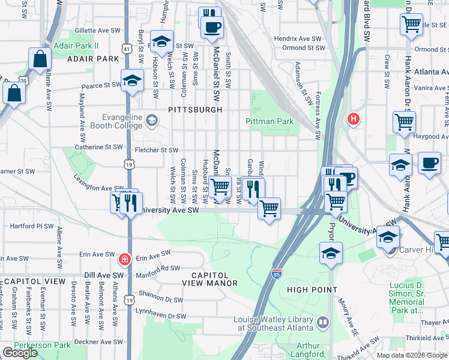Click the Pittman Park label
pos(270,122)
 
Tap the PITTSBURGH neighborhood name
pos(187,110)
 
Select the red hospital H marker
pos(354,119)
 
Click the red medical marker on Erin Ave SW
pos(124,259)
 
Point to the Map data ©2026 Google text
pos(412,355)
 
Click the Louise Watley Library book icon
pos(323,323)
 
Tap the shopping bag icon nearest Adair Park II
pos(39,60)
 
